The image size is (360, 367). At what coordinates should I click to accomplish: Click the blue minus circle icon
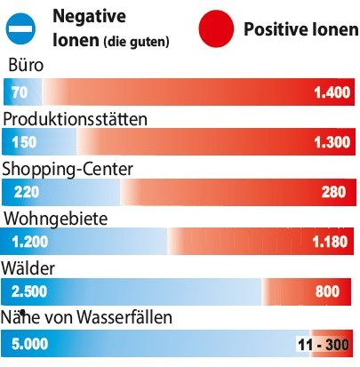click(x=20, y=28)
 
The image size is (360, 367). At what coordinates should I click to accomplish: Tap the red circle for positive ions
click(x=216, y=28)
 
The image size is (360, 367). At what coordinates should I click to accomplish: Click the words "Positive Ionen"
click(x=300, y=29)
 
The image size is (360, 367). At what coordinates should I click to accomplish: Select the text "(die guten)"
click(x=136, y=42)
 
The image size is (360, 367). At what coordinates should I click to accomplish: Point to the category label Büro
click(x=26, y=65)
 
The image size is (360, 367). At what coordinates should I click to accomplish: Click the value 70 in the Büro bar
click(x=20, y=92)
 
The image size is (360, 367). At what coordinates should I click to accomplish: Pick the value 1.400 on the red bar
click(x=332, y=92)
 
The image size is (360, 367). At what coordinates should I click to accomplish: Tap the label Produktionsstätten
click(x=75, y=119)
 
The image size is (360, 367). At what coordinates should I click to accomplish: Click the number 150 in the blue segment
click(x=24, y=142)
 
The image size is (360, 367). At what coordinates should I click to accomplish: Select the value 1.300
click(x=332, y=142)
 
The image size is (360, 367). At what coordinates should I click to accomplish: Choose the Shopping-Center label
click(x=68, y=170)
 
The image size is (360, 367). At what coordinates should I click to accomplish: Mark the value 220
click(x=27, y=192)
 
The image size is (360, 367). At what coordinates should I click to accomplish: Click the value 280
click(x=333, y=192)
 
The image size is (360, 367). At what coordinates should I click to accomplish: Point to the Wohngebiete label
click(x=56, y=219)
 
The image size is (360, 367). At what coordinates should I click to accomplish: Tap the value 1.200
click(x=29, y=242)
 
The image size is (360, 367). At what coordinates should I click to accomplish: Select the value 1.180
click(x=330, y=242)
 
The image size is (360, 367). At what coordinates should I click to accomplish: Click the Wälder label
click(x=28, y=268)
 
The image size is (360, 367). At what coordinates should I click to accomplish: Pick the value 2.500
click(x=29, y=291)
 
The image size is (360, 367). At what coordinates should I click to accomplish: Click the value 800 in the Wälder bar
click(x=327, y=291)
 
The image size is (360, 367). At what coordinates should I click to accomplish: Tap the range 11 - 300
click(x=324, y=345)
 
